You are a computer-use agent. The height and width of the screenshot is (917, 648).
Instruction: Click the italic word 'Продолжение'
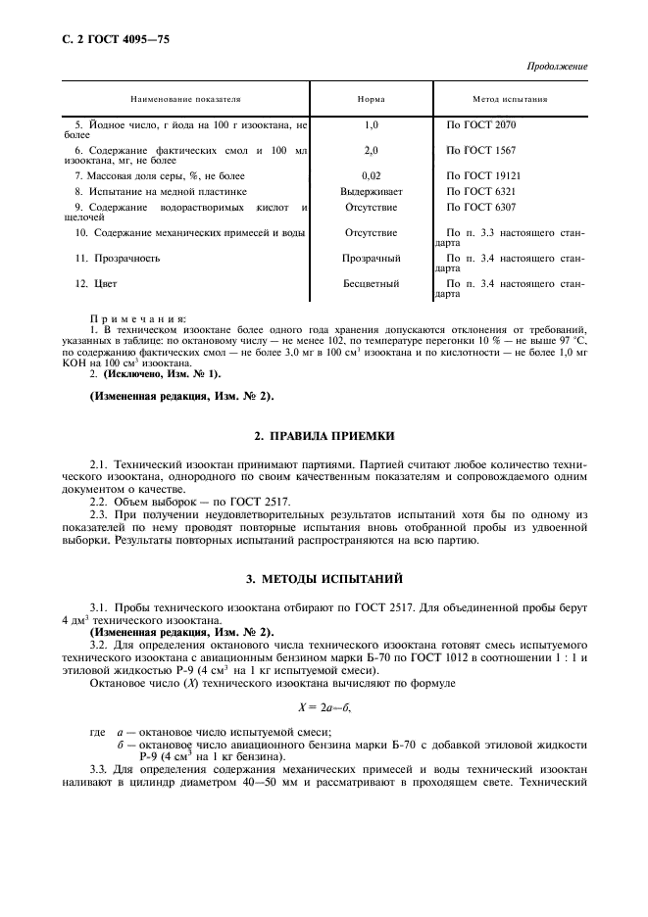coord(558,67)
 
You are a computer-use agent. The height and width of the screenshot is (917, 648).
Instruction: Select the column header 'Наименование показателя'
coord(185,99)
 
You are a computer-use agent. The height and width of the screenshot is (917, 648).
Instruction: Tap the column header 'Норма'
coord(371,99)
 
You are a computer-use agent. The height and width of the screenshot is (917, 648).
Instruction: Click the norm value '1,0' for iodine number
coord(371,125)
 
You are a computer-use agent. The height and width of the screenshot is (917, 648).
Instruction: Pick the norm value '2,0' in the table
coord(371,151)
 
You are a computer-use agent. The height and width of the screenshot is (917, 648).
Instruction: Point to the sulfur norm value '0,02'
coord(371,174)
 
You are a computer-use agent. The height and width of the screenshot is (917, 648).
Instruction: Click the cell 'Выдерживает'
coord(371,192)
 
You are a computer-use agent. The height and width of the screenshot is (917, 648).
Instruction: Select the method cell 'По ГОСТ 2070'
coord(480,125)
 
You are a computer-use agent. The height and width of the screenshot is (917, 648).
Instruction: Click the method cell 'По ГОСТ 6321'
coord(480,192)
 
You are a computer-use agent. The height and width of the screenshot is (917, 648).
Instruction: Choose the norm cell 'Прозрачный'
coord(371,258)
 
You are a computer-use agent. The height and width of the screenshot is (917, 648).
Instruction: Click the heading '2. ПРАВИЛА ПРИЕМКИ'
coord(324,434)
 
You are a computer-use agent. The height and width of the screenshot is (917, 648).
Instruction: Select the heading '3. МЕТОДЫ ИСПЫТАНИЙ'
coord(324,581)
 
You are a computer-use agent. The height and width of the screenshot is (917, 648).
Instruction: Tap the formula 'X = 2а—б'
coord(324,704)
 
